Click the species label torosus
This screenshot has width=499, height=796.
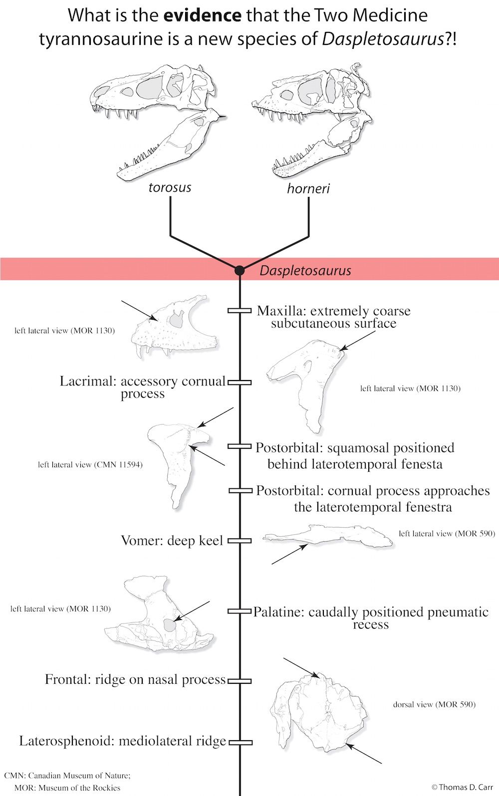click(x=170, y=188)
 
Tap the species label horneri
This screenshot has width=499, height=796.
click(x=308, y=189)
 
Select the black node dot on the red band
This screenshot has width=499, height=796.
click(x=240, y=270)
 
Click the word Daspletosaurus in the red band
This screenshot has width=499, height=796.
click(x=305, y=271)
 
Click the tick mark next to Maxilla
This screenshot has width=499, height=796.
click(x=240, y=311)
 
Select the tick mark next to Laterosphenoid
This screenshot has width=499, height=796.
click(x=240, y=742)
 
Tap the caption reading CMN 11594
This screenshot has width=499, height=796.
click(x=90, y=464)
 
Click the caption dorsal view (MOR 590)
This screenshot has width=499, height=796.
click(x=434, y=705)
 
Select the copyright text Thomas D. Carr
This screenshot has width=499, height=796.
click(x=462, y=787)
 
